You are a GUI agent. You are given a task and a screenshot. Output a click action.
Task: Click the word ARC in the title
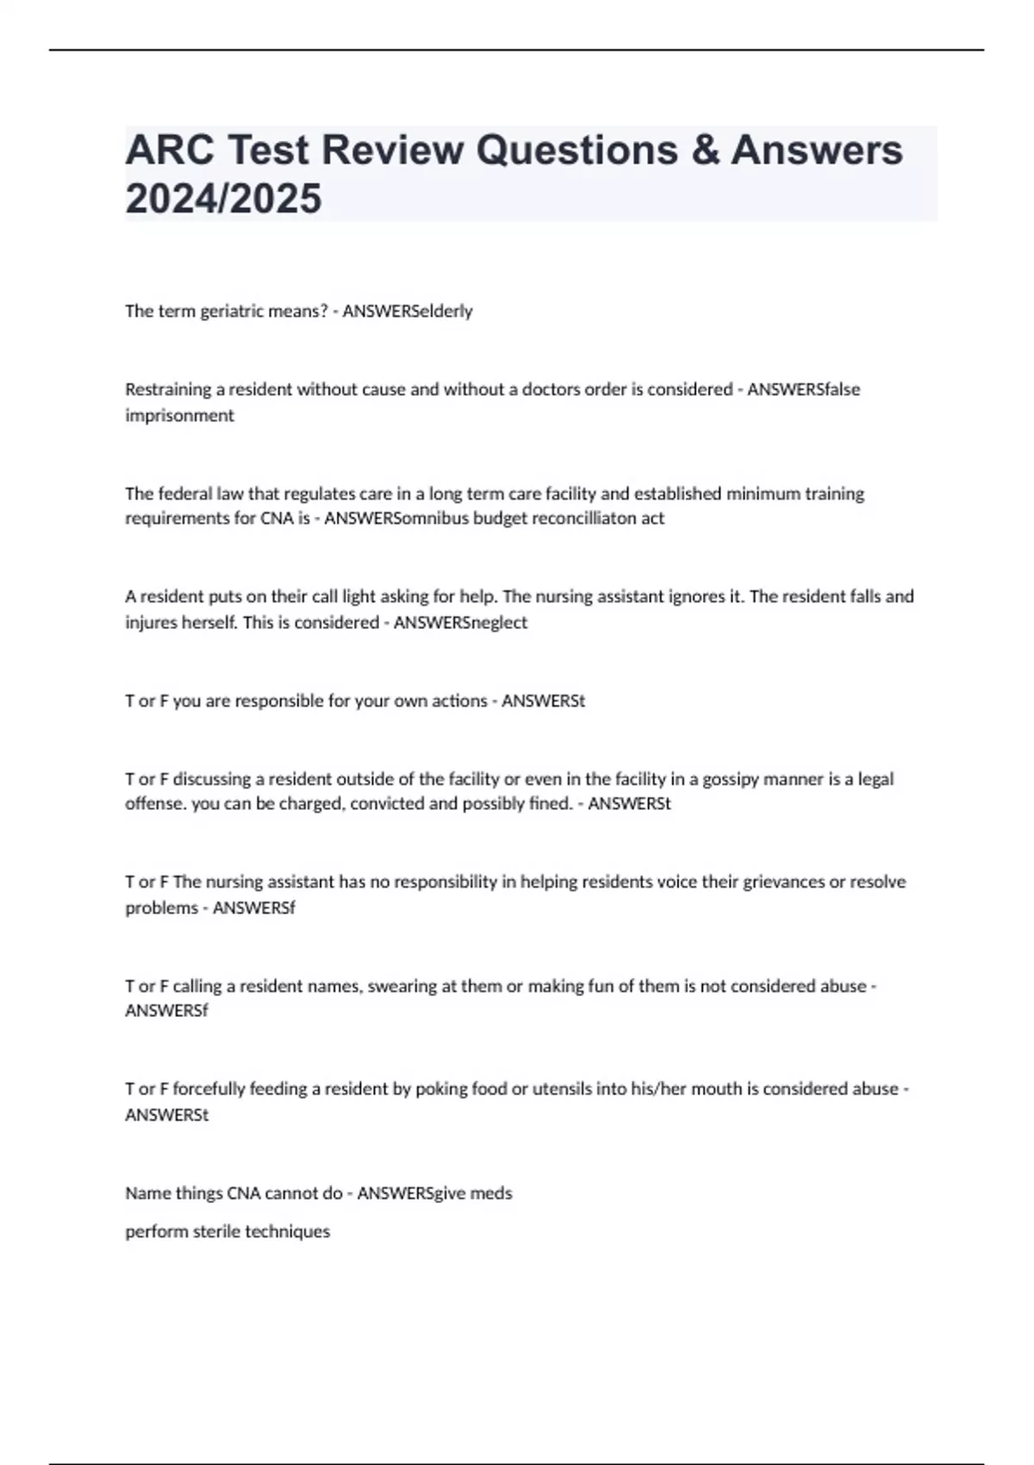(168, 150)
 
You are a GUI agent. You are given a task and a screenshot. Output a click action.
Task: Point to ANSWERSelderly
(408, 311)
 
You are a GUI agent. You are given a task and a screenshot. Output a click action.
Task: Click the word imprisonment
(179, 415)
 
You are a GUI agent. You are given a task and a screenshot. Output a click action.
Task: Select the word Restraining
(168, 390)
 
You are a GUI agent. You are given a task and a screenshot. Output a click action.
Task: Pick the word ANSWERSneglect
(460, 622)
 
